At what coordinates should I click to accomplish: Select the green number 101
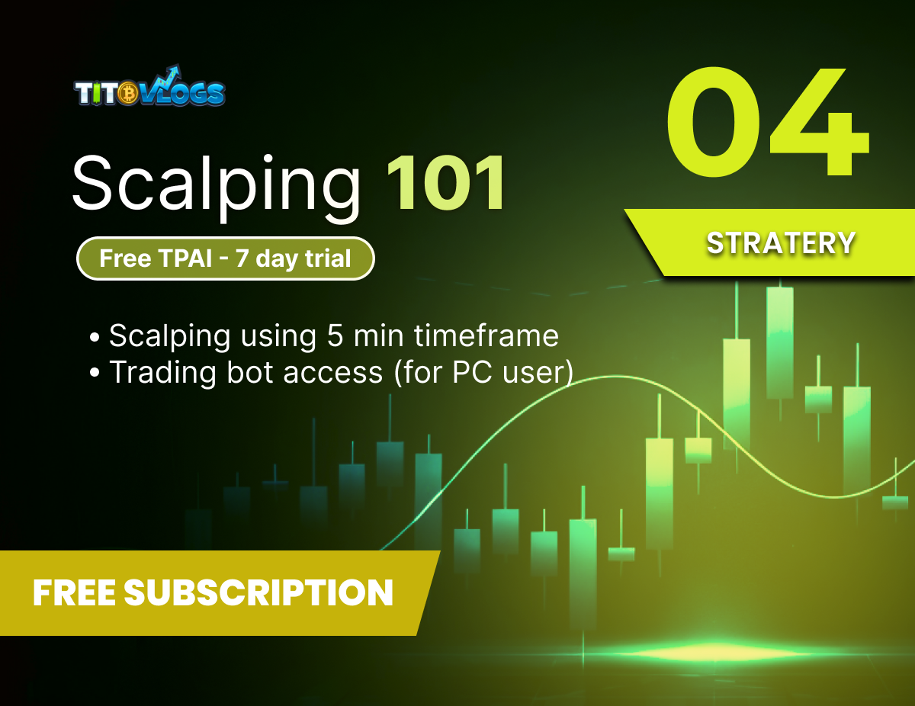[x=445, y=184]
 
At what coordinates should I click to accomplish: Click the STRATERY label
[x=780, y=243]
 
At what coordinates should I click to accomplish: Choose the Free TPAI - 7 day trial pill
[x=225, y=258]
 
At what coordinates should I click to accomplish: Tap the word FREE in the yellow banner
[x=73, y=592]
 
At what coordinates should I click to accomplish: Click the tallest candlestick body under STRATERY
[x=780, y=343]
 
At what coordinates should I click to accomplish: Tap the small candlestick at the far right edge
[x=895, y=502]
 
